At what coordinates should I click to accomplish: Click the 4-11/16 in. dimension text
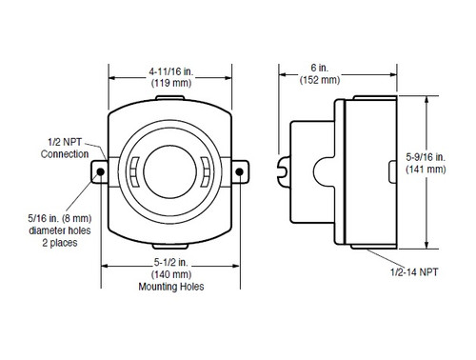click(170, 71)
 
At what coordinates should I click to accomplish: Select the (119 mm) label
click(171, 83)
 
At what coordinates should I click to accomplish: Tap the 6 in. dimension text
click(320, 68)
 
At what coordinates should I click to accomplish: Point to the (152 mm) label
click(320, 80)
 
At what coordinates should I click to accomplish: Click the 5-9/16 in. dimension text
click(426, 157)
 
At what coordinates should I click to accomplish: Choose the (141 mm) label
click(426, 169)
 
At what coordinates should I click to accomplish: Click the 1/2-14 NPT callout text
click(414, 272)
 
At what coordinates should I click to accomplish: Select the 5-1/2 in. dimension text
click(170, 262)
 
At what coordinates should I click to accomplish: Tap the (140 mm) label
click(171, 274)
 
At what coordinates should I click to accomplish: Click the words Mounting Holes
click(171, 287)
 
